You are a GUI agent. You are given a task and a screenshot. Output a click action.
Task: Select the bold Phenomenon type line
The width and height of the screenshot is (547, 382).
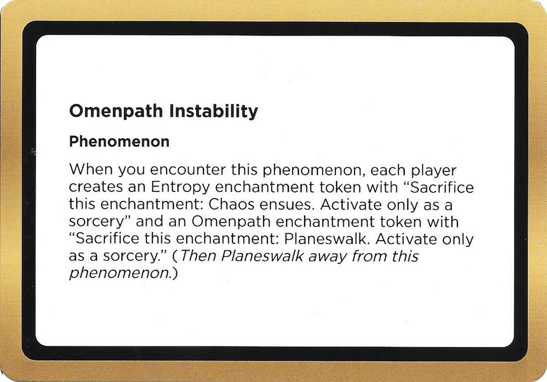pyautogui.click(x=119, y=142)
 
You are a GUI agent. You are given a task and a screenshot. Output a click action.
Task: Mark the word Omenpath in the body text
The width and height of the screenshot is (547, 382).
pyautogui.click(x=250, y=222)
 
